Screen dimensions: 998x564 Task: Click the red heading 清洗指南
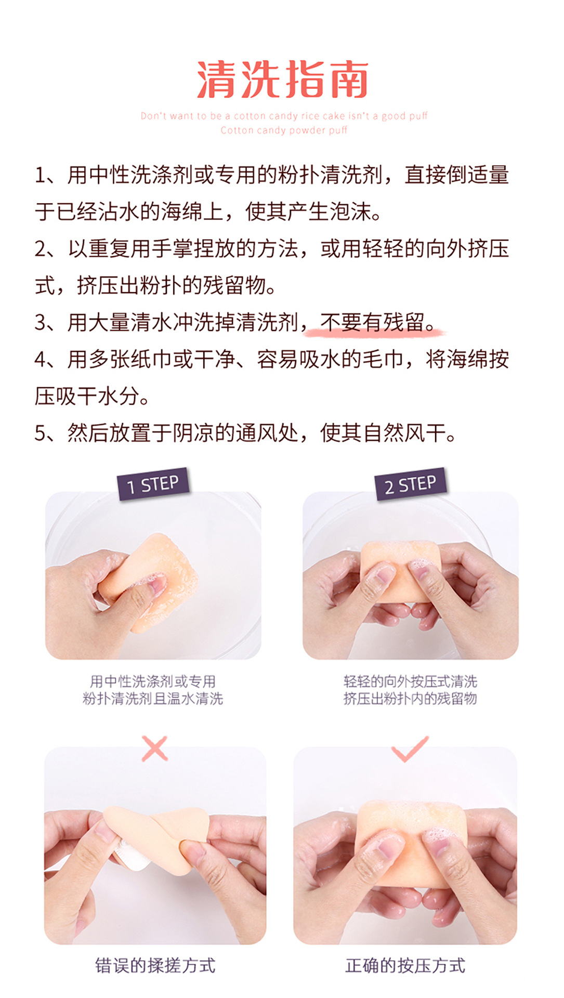282,80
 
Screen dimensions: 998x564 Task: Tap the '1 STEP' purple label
153,484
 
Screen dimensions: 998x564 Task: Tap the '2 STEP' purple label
410,484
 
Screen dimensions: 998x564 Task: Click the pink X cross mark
154,748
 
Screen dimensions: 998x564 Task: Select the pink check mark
410,748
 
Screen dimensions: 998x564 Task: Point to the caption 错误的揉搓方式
155,965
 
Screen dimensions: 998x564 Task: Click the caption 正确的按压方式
405,965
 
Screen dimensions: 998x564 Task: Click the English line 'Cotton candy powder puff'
284,130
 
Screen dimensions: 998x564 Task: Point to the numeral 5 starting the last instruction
40,433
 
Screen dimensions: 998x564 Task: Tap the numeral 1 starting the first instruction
40,175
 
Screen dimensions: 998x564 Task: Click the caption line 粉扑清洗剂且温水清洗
153,698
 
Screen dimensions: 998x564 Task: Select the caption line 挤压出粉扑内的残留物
410,698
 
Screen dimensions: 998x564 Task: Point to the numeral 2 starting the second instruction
40,249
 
